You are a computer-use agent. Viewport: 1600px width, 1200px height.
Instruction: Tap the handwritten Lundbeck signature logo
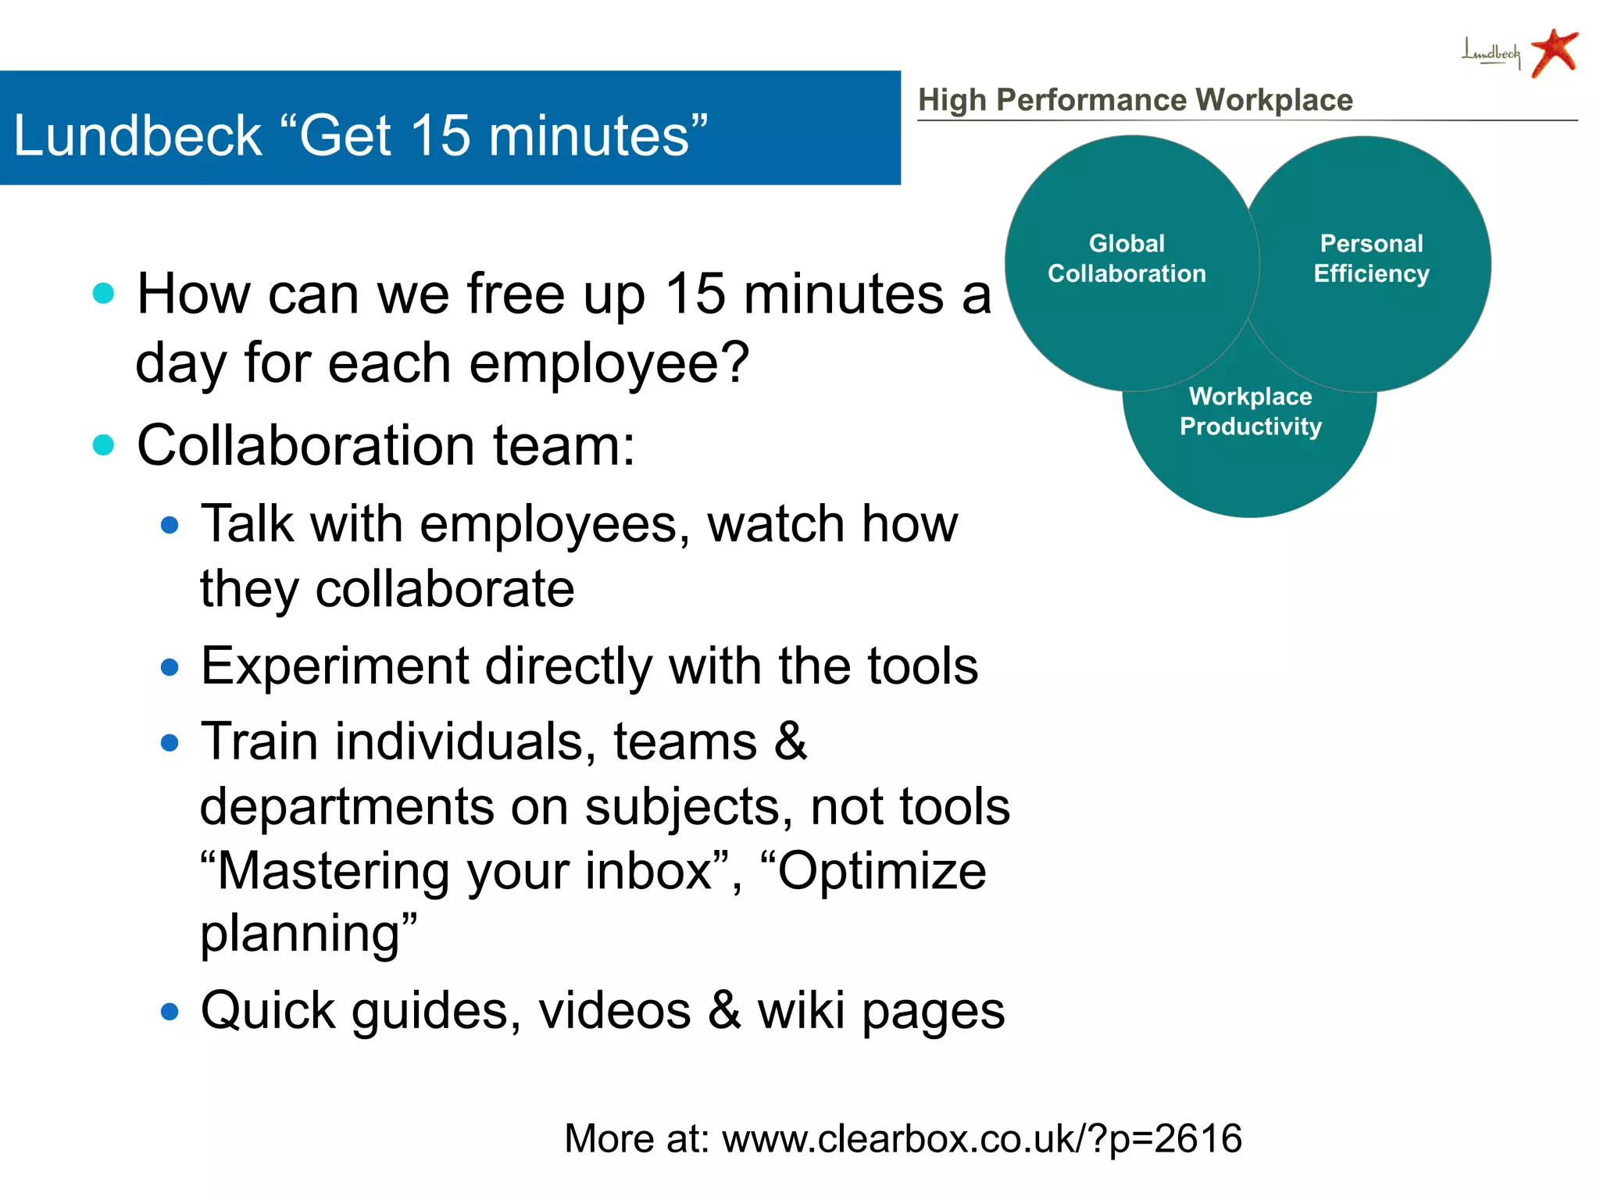coord(1491,54)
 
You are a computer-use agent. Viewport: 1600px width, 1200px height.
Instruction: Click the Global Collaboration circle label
coord(1127,259)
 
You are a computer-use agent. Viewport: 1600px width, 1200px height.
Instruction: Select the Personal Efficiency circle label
coord(1371,259)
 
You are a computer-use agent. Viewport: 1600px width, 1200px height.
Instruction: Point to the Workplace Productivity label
coord(1250,412)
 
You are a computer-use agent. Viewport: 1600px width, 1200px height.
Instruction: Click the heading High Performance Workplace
coord(1135,100)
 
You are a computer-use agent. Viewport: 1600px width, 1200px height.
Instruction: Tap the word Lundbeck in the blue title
coord(137,135)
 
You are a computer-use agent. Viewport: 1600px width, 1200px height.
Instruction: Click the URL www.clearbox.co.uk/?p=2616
coord(981,1138)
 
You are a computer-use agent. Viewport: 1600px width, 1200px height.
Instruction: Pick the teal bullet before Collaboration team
coord(103,445)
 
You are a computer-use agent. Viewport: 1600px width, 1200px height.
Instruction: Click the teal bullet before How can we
coord(103,294)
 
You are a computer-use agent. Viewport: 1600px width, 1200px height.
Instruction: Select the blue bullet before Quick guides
coord(170,1012)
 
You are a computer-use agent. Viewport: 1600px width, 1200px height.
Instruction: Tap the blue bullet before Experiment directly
coord(170,668)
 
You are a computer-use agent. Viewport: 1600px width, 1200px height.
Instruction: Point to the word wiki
coord(801,1011)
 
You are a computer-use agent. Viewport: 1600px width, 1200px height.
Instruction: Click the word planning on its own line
coord(301,934)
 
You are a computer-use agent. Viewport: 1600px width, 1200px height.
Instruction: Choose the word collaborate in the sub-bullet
coord(445,589)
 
